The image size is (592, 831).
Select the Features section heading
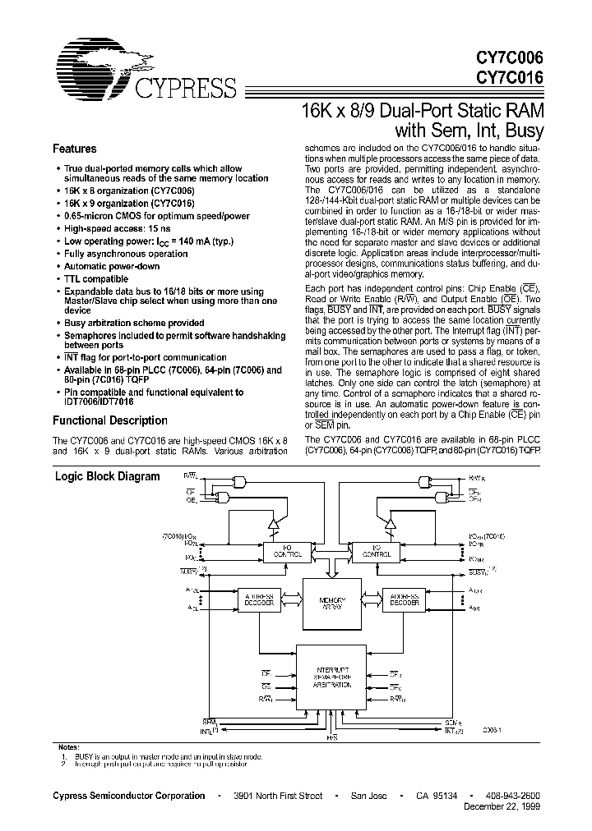[75, 149]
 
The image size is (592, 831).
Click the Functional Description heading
[110, 420]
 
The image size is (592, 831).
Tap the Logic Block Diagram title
[107, 476]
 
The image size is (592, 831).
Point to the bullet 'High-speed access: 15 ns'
[118, 229]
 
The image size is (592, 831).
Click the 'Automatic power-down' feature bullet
[112, 267]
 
